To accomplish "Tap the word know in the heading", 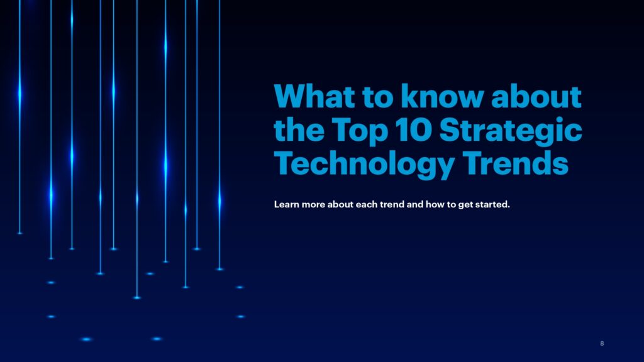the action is pos(442,96).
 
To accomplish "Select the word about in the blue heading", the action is pos(536,96).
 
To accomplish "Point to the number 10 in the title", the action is pos(414,130).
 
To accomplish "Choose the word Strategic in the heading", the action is pos(511,130).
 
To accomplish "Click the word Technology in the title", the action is pos(364,164).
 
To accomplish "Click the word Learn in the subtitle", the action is pos(286,204).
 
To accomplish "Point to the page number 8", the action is pos(602,344).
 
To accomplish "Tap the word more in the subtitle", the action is pos(313,204).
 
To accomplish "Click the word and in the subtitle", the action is pos(415,204).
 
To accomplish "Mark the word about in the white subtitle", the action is pos(340,204).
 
